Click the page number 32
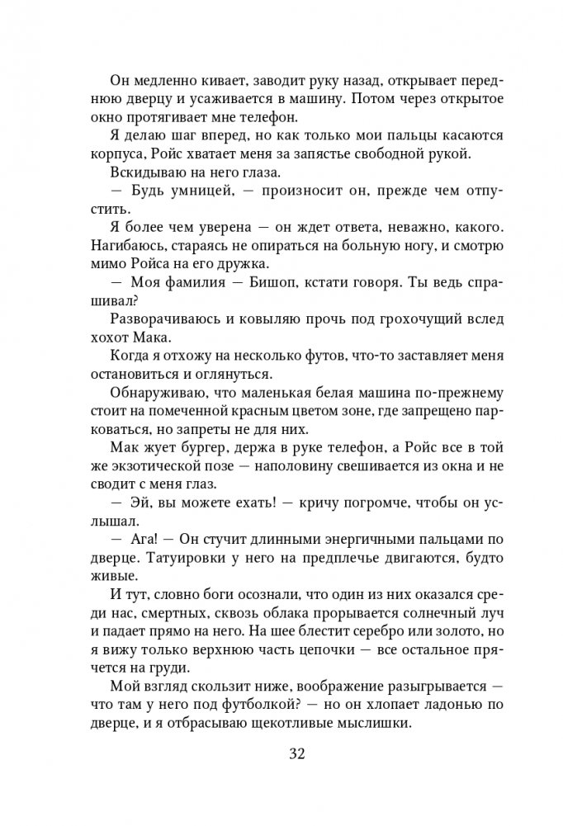[x=281, y=755]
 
